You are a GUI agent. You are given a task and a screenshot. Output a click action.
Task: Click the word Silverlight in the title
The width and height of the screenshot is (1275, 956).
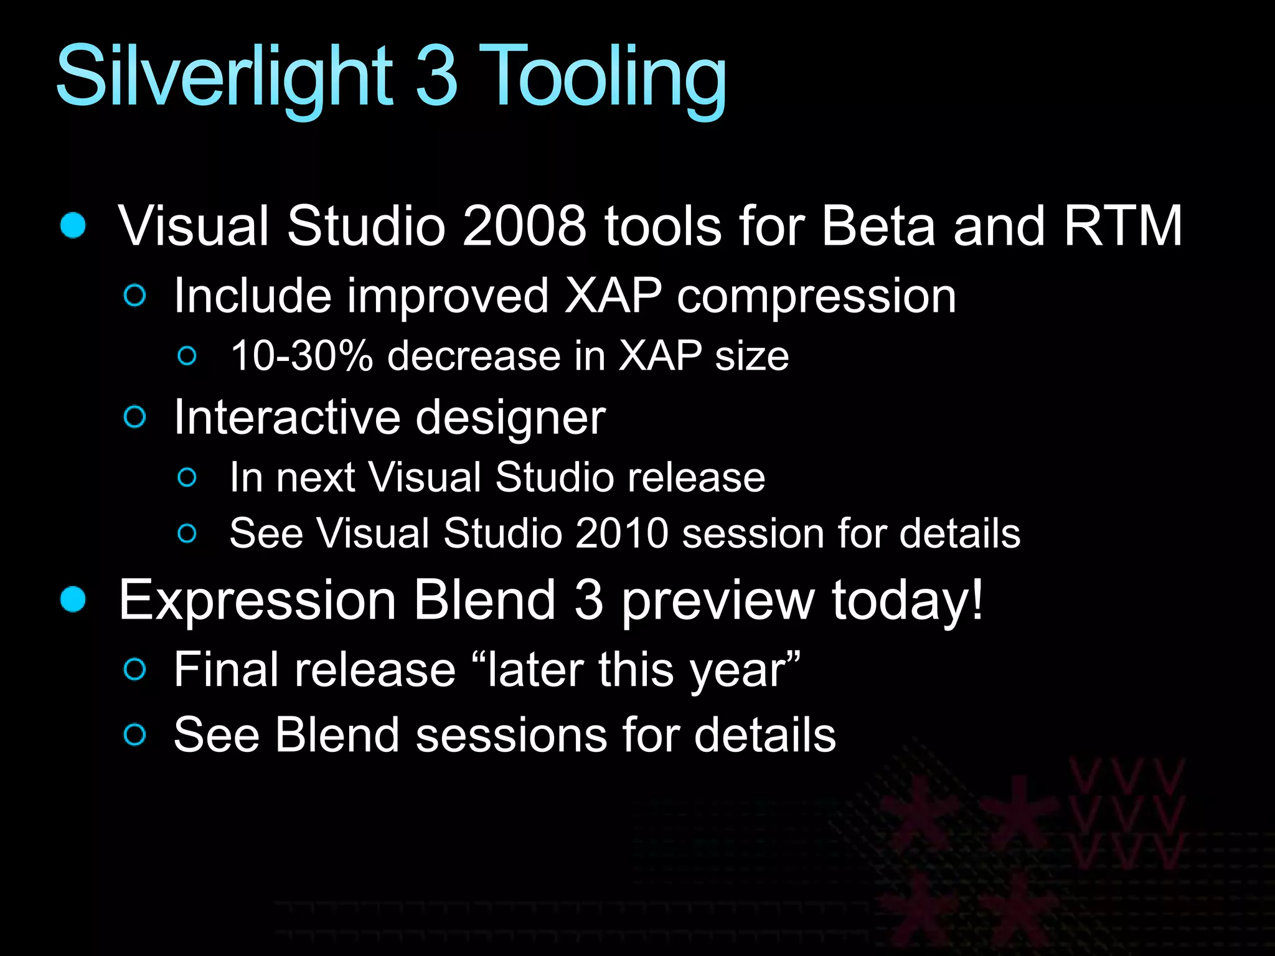pyautogui.click(x=224, y=78)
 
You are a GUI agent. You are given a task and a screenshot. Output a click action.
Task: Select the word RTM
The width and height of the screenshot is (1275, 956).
pyautogui.click(x=1122, y=226)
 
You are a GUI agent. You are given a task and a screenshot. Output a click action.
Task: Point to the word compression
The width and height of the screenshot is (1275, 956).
pyautogui.click(x=816, y=298)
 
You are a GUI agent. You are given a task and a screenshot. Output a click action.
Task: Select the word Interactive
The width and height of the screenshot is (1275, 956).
pyautogui.click(x=287, y=417)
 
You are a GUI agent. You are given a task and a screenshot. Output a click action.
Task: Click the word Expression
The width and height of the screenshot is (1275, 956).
pyautogui.click(x=258, y=601)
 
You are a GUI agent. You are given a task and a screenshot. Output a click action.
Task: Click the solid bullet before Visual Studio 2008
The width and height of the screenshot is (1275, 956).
pyautogui.click(x=73, y=225)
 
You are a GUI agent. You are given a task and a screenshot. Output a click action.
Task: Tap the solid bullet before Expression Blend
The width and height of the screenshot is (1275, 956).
pyautogui.click(x=73, y=599)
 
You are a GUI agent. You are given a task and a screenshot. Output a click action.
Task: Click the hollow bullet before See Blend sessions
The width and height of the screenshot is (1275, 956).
pyautogui.click(x=135, y=734)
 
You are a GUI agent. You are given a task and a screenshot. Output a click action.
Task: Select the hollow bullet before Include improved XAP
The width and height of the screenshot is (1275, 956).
pyautogui.click(x=135, y=295)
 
